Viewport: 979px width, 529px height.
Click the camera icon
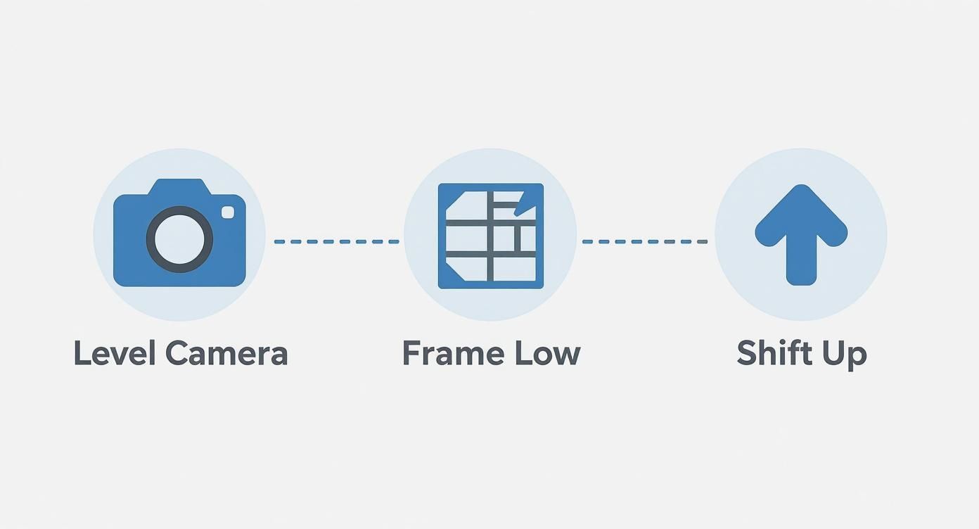(x=179, y=234)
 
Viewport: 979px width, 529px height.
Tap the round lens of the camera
(x=179, y=239)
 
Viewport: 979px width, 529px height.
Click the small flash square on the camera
(x=228, y=212)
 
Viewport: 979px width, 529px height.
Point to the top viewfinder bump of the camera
(x=179, y=186)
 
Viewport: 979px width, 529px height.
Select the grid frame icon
(x=490, y=236)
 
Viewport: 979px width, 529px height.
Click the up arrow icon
(x=801, y=234)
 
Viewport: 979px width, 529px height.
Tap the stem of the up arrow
(x=801, y=264)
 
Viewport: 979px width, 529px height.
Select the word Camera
(x=226, y=353)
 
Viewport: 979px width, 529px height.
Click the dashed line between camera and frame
(x=336, y=242)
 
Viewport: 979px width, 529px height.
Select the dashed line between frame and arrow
(x=644, y=242)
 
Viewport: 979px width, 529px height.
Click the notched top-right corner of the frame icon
(x=525, y=204)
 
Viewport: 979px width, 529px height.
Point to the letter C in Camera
(x=179, y=353)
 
